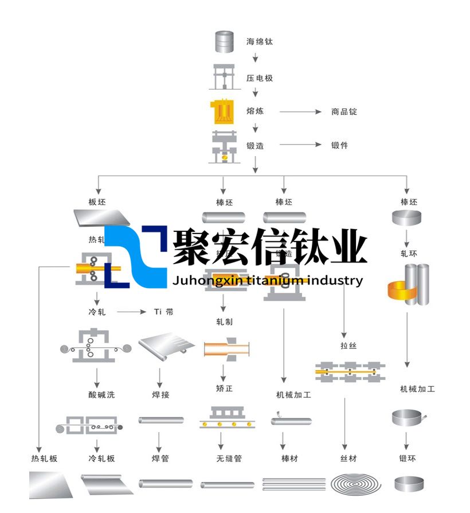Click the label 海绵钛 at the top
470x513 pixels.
coord(259,42)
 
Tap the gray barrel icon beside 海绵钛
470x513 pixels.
coord(225,42)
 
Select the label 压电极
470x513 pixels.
coord(259,77)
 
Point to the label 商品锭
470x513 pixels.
coord(344,111)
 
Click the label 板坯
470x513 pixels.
coord(97,202)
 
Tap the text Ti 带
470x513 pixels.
coord(163,312)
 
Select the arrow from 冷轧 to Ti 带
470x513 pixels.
coord(132,312)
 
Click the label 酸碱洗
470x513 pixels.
coord(97,395)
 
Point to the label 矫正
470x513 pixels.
coord(225,388)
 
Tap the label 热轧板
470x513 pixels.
coord(44,458)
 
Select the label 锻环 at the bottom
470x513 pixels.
coord(408,458)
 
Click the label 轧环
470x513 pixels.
coord(408,253)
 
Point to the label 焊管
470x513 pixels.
coord(160,458)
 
